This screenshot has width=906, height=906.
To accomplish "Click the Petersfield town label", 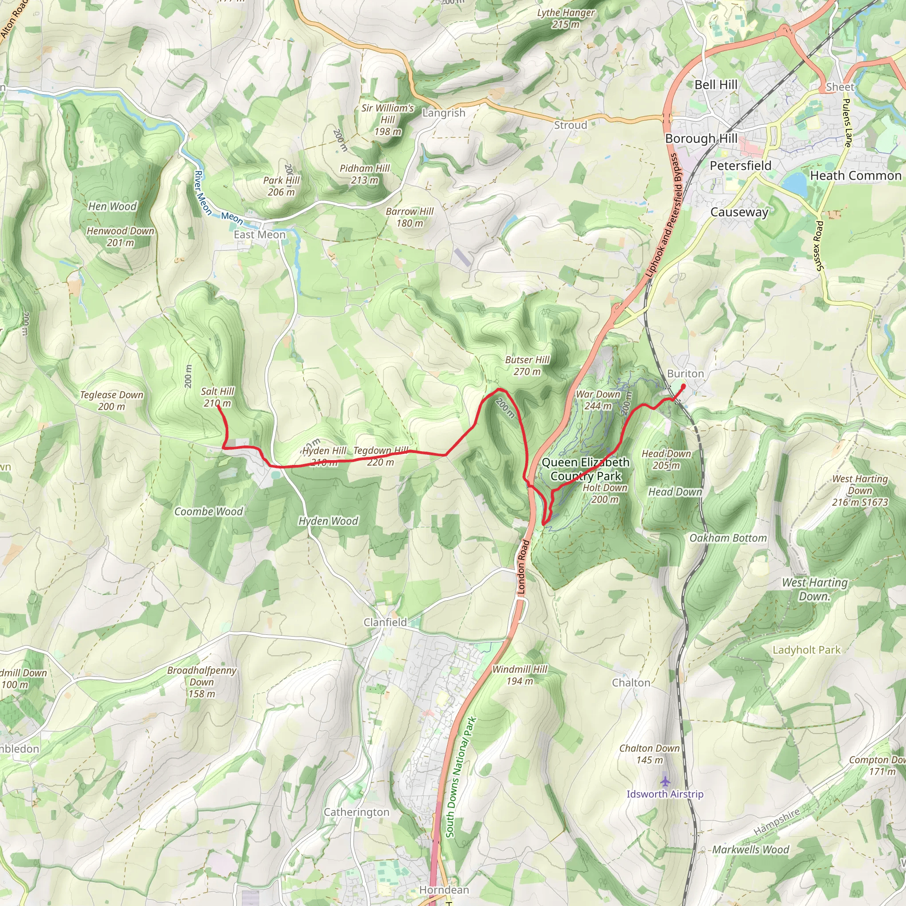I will [740, 165].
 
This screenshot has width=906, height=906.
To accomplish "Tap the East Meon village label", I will [259, 234].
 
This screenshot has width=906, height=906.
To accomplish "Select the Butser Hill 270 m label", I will [527, 366].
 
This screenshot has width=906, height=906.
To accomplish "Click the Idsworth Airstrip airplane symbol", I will [665, 781].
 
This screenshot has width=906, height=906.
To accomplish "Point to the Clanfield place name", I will [385, 622].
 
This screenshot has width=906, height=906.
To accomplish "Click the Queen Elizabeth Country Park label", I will [585, 469].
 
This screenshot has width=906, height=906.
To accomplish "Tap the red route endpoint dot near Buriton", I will [683, 386].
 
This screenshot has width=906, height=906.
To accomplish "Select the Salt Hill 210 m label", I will [217, 397].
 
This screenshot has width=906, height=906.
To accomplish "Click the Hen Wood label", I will [112, 206].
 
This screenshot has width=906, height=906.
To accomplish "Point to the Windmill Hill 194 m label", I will [520, 675].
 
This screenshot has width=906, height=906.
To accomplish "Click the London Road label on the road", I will [523, 568].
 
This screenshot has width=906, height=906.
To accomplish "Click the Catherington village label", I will [357, 812].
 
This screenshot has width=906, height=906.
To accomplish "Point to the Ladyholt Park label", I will [806, 650].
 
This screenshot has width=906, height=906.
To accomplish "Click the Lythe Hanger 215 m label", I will [565, 18].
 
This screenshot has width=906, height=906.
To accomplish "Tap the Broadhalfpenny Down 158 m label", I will [202, 682].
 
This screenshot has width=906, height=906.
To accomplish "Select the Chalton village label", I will [631, 683].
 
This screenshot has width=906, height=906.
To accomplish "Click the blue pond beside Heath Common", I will [795, 184].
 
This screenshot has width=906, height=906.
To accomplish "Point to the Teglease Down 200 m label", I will [111, 400].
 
